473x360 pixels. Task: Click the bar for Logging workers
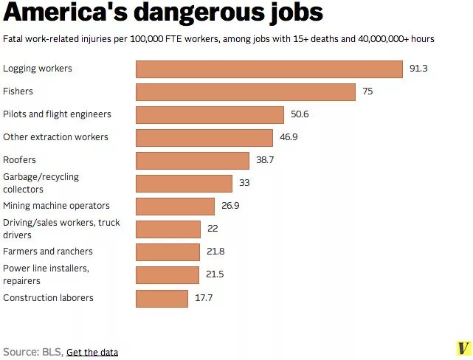pyautogui.click(x=269, y=69)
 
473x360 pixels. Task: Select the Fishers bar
pyautogui.click(x=246, y=91)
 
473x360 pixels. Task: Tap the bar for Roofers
pyautogui.click(x=193, y=160)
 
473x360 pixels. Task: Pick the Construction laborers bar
pyautogui.click(x=162, y=298)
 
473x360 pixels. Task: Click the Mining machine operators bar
pyautogui.click(x=175, y=206)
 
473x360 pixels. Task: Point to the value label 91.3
pyautogui.click(x=418, y=69)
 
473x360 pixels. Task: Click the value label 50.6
pyautogui.click(x=300, y=114)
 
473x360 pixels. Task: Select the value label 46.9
pyautogui.click(x=289, y=137)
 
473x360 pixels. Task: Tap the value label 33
pyautogui.click(x=244, y=183)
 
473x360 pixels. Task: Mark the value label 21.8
pyautogui.click(x=215, y=252)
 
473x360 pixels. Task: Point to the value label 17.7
pyautogui.click(x=204, y=298)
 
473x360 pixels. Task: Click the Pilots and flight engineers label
pyautogui.click(x=57, y=114)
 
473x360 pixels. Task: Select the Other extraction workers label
pyautogui.click(x=55, y=137)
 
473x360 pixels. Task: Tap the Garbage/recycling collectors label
pyautogui.click(x=41, y=183)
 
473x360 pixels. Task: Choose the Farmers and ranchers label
pyautogui.click(x=48, y=252)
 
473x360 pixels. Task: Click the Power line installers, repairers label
pyautogui.click(x=46, y=274)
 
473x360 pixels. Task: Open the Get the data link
pyautogui.click(x=92, y=352)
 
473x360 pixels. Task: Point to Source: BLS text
pyautogui.click(x=32, y=352)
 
